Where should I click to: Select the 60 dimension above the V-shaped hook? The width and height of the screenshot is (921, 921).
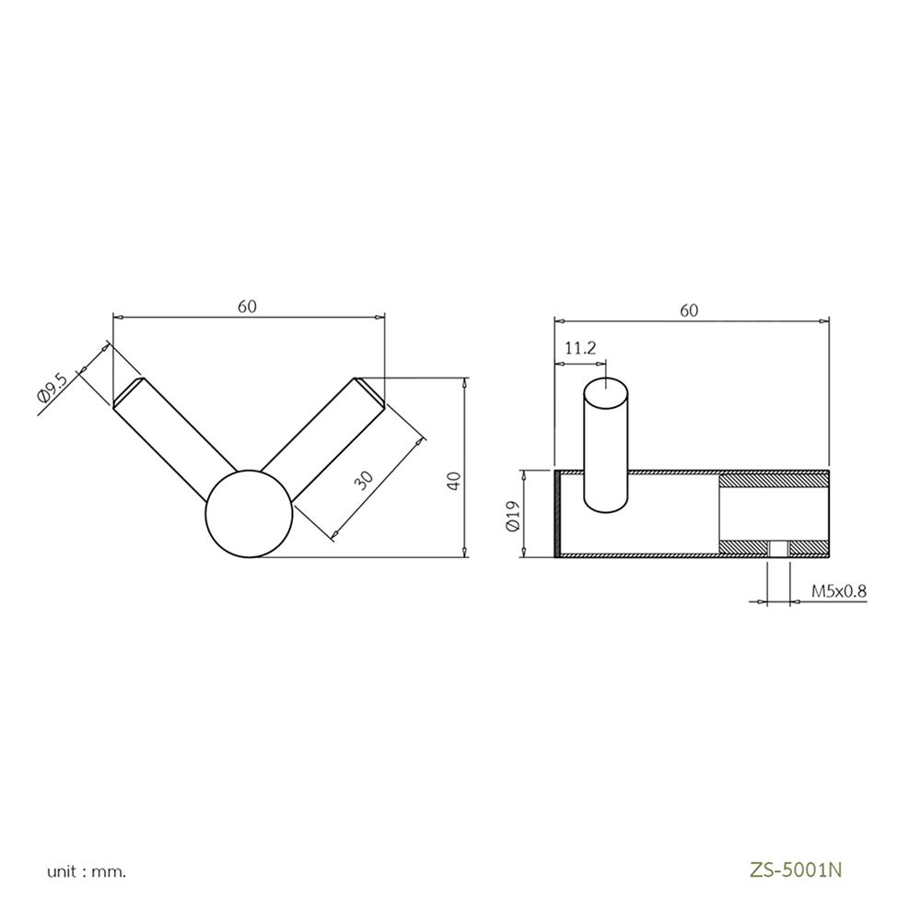(247, 307)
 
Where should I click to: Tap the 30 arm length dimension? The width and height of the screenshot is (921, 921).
(365, 481)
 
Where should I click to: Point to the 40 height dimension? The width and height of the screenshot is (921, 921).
(454, 481)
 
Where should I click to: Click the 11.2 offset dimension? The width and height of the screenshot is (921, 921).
(580, 348)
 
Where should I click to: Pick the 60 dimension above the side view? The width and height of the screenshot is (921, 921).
(689, 310)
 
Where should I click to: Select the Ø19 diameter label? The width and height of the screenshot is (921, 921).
(513, 517)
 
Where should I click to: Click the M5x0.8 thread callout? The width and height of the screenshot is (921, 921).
(839, 591)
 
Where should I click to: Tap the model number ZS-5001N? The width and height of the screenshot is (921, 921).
(796, 869)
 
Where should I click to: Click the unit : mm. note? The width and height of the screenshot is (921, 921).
(87, 871)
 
